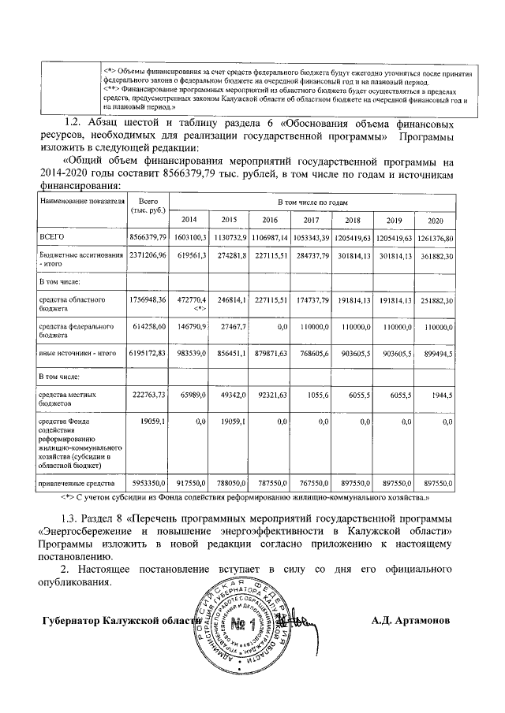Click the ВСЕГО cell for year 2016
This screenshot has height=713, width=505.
(x=270, y=236)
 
